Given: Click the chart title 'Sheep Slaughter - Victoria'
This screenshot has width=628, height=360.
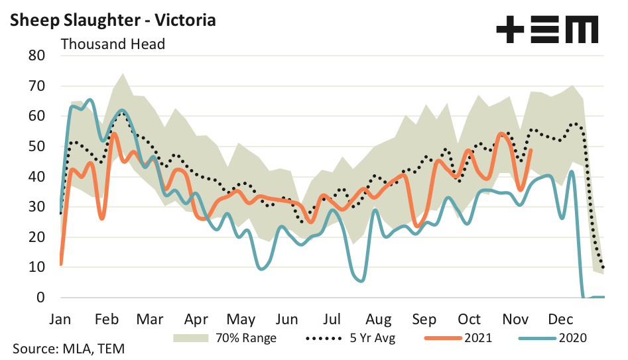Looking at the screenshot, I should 113,20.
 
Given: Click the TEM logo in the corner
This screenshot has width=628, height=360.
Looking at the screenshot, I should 547,30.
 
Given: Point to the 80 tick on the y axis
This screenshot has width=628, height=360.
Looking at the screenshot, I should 36,56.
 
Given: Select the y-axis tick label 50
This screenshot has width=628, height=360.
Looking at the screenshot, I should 36,147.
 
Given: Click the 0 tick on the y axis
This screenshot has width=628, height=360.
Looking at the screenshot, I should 40,298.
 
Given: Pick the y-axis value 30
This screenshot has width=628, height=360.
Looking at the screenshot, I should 36,207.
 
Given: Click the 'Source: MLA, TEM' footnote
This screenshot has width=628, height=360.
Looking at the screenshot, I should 69,349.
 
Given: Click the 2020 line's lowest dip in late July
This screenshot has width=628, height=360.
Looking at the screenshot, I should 360,280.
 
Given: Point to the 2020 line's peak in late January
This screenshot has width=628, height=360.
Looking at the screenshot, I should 90,100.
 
